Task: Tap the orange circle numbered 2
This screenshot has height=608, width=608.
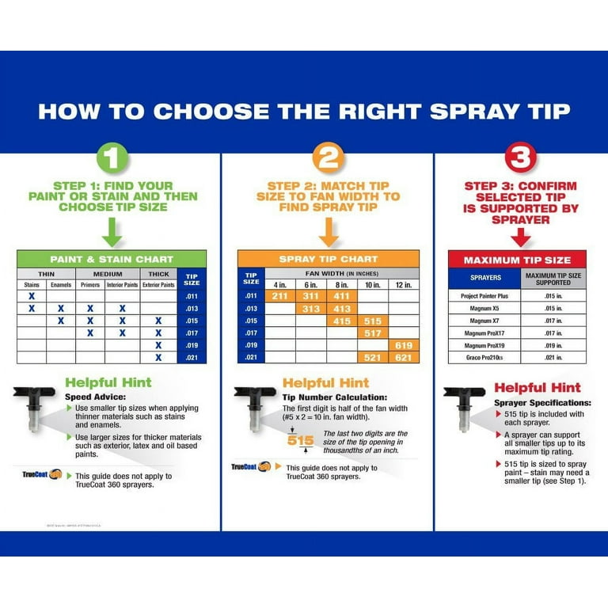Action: tap(329, 158)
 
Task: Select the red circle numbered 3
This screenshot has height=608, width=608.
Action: tap(520, 158)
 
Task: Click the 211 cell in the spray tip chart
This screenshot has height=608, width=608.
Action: tap(280, 295)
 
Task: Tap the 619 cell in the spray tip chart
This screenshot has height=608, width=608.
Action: tap(405, 345)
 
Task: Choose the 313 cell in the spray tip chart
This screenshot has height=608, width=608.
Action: tap(311, 308)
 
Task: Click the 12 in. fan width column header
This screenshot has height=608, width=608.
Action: tap(405, 283)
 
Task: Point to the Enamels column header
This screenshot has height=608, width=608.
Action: tap(61, 283)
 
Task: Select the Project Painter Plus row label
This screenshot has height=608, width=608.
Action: tap(485, 294)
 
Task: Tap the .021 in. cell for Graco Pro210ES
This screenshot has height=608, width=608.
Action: tap(553, 358)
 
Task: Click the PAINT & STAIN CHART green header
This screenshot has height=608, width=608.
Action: tap(112, 259)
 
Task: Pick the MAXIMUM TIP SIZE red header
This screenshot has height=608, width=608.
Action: tap(517, 260)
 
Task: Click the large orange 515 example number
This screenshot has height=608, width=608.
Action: tap(301, 440)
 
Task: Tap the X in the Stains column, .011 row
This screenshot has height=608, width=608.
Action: tap(32, 295)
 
